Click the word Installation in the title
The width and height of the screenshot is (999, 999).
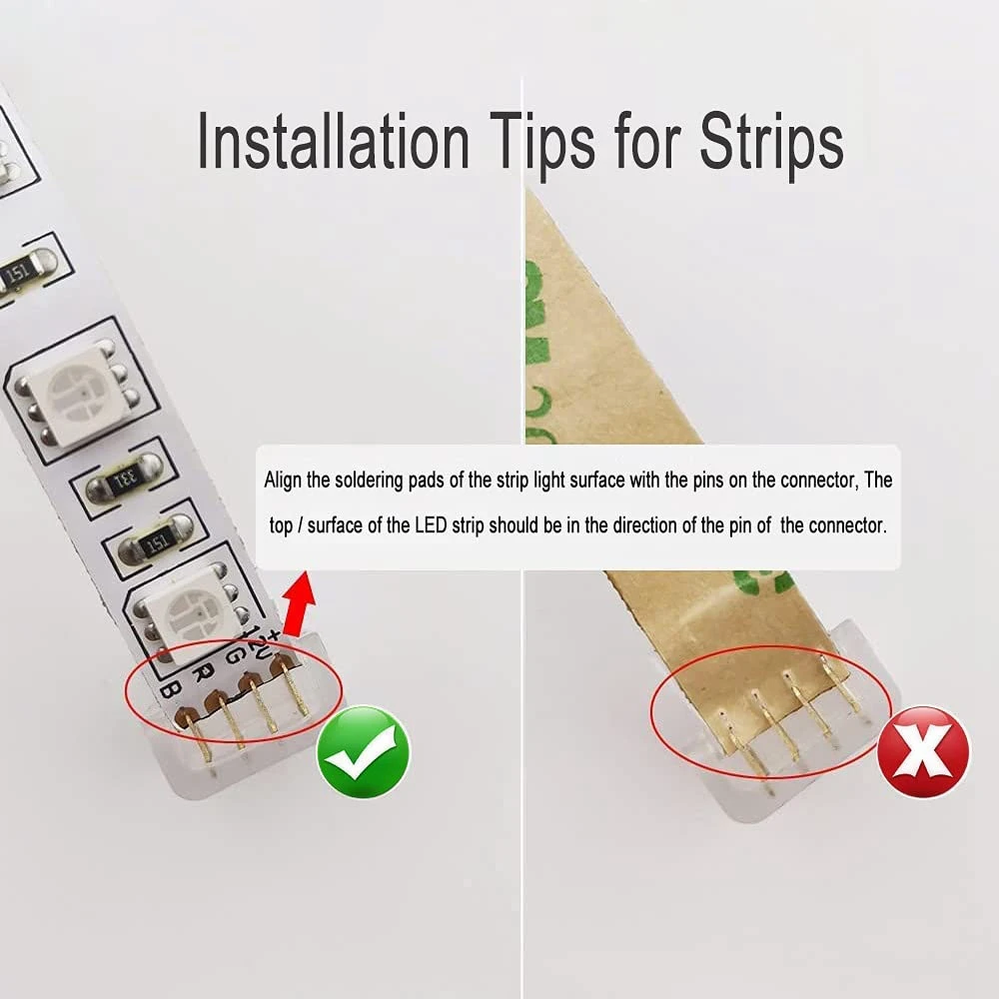click(334, 143)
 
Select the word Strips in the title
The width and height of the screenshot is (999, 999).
click(771, 143)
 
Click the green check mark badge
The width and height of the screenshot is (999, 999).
click(364, 750)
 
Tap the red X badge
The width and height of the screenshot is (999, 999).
click(923, 751)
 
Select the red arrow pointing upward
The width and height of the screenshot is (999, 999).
click(299, 604)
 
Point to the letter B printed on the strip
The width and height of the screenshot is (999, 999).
click(172, 688)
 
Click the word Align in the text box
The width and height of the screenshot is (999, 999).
click(284, 481)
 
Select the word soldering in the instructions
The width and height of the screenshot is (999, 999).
click(376, 481)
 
